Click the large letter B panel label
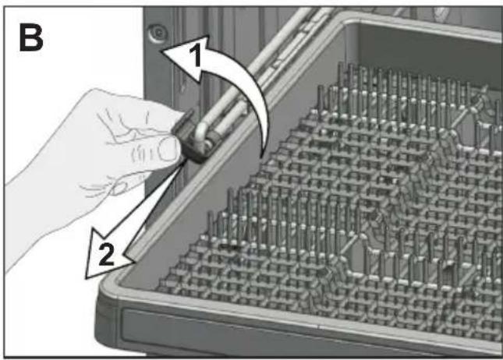point(30,38)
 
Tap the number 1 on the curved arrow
point(196,55)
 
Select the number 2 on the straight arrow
point(107,254)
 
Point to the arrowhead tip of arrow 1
point(161,51)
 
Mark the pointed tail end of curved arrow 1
point(262,157)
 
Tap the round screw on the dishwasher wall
point(158,33)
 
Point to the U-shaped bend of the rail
point(200,132)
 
